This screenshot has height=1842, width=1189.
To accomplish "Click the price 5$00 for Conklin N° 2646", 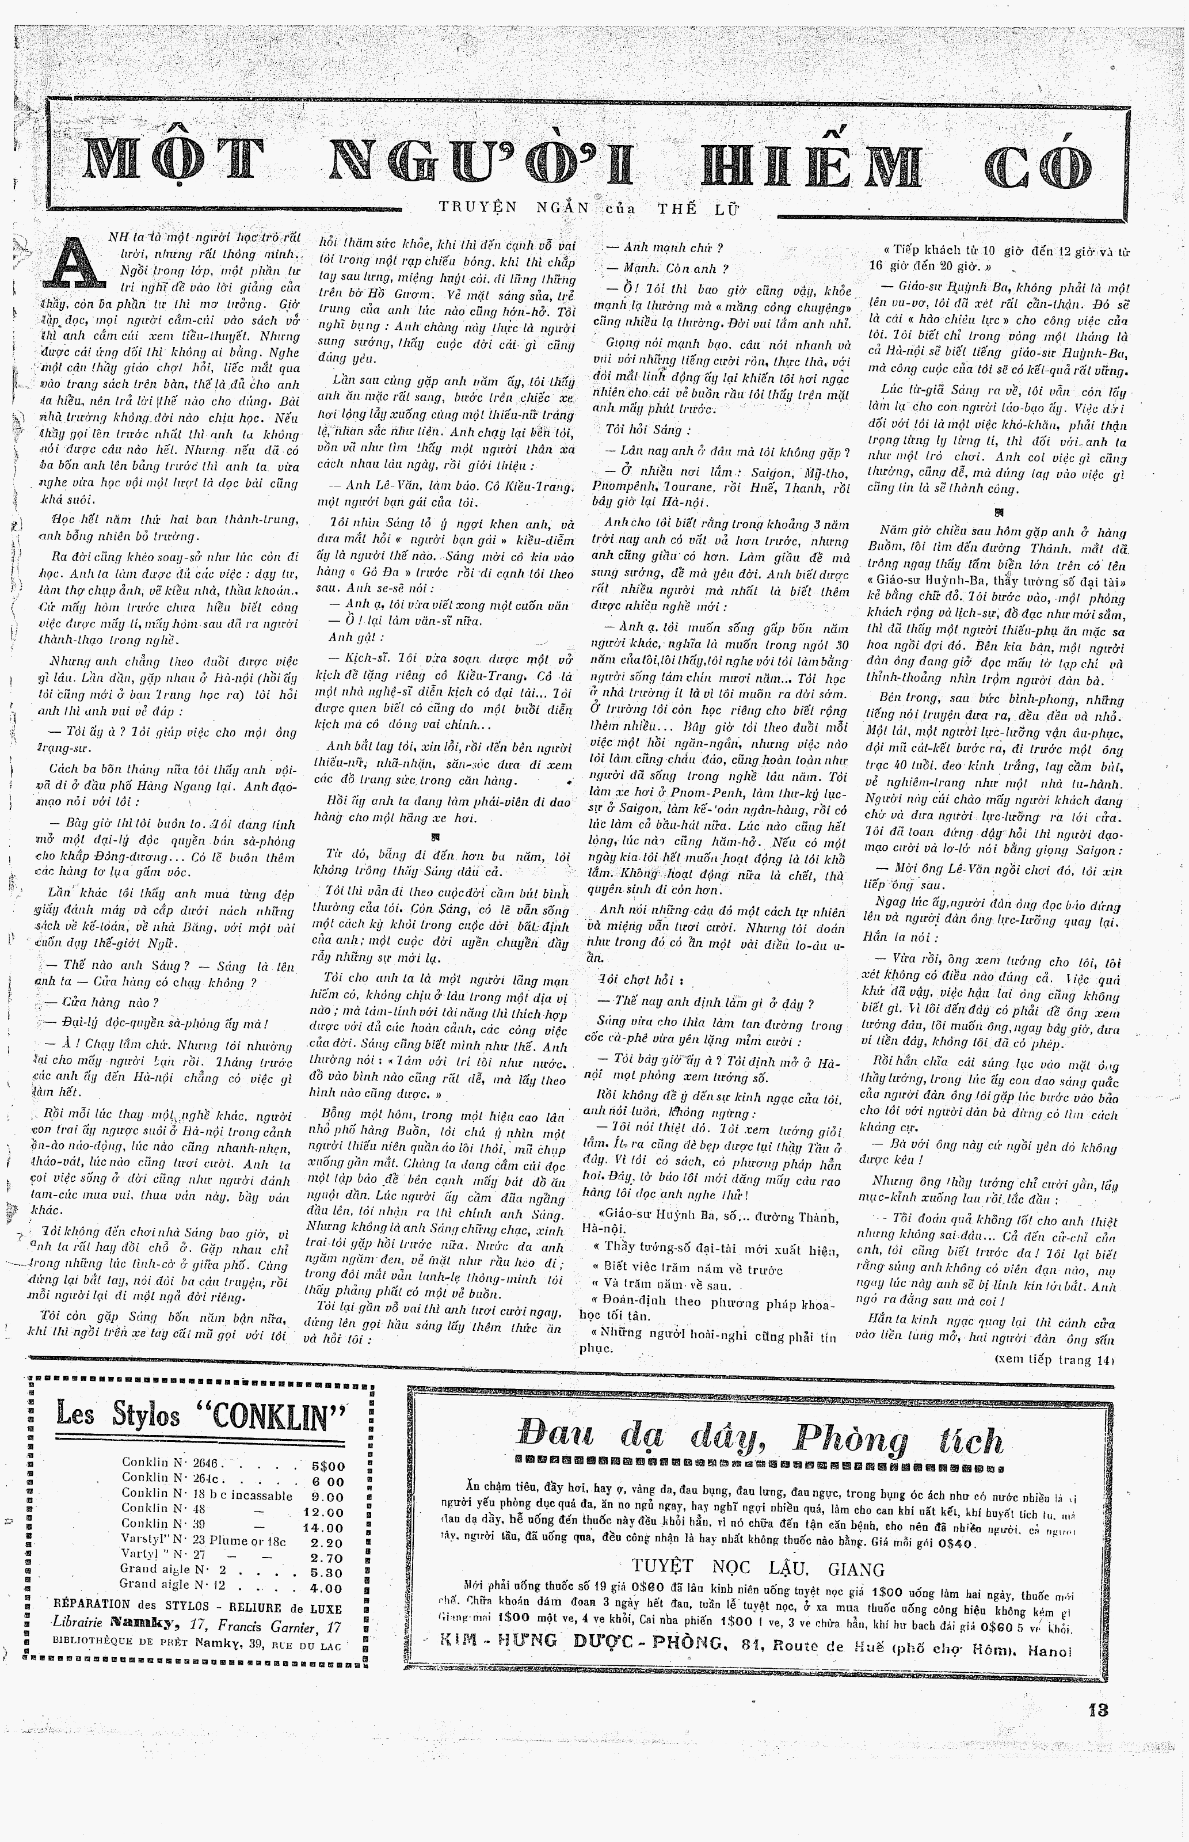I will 327,1466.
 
